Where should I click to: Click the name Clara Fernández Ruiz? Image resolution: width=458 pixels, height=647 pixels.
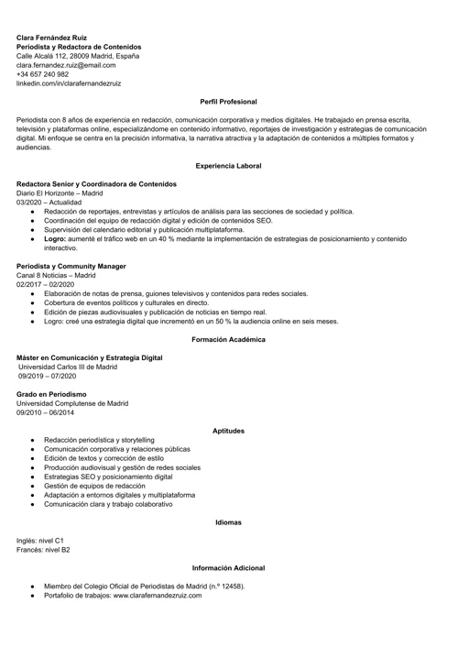[x=51, y=37]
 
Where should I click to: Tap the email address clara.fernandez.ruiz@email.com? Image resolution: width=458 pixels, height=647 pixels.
[x=66, y=65]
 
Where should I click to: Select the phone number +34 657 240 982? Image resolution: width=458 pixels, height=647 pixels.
[x=42, y=74]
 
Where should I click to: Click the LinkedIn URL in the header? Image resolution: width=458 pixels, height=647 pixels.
[x=69, y=83]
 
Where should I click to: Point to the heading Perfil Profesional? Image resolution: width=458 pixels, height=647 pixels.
[x=228, y=101]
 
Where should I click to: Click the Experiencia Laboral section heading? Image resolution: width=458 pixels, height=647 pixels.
[x=228, y=166]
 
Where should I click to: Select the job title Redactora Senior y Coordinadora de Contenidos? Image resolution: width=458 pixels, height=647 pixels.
[x=103, y=184]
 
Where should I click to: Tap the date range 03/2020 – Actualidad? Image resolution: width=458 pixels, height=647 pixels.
[x=49, y=203]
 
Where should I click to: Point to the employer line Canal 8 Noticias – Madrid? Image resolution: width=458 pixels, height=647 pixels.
[x=56, y=275]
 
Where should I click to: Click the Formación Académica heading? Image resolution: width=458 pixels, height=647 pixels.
[x=228, y=339]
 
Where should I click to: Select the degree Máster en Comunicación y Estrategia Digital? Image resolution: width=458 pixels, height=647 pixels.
[x=90, y=357]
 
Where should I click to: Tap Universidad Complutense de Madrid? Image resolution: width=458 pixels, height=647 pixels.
[x=72, y=403]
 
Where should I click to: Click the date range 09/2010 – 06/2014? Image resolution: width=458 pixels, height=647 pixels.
[x=46, y=412]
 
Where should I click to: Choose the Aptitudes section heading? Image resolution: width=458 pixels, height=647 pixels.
[x=228, y=431]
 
